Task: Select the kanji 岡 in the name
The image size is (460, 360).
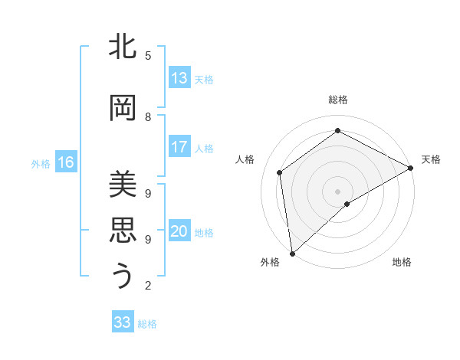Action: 123,107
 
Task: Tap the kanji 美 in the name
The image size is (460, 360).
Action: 123,184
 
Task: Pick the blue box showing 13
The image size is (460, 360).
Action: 179,78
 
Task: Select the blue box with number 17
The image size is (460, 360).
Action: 179,147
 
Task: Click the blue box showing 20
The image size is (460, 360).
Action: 179,231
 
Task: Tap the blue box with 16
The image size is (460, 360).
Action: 66,162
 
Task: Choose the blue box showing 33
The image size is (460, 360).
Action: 123,322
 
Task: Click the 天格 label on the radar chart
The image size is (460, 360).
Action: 431,159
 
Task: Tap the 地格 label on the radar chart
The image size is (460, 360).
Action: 402,262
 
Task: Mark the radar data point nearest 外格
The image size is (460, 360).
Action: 292,253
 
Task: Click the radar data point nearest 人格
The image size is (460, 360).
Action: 280,172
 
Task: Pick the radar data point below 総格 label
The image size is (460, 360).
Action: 337,131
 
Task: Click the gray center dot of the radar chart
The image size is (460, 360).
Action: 337,190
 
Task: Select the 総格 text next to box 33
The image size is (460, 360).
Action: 148,324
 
